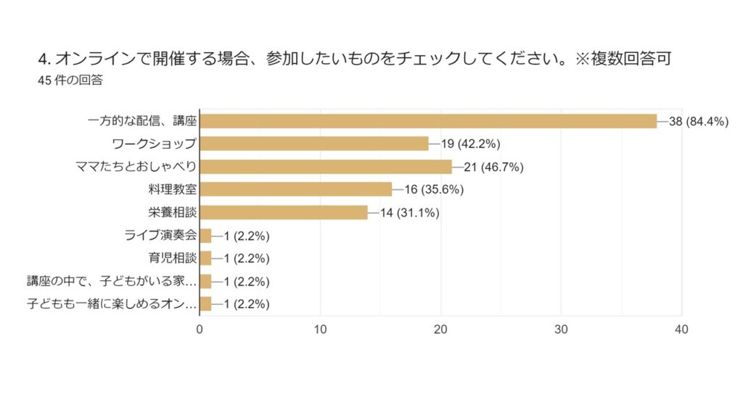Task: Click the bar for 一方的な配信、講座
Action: (428, 121)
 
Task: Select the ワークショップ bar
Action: (314, 144)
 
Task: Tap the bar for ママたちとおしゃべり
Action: (326, 167)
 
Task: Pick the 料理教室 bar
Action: (296, 189)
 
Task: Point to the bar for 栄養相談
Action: (284, 213)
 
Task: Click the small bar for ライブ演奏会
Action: (205, 236)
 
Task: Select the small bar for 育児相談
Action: (205, 258)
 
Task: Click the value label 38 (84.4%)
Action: (698, 121)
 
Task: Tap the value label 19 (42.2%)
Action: (470, 144)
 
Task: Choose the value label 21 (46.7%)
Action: (493, 167)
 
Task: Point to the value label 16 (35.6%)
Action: (434, 190)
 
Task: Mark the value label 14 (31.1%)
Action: (410, 213)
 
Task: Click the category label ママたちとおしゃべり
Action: (136, 167)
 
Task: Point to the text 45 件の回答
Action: (70, 81)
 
